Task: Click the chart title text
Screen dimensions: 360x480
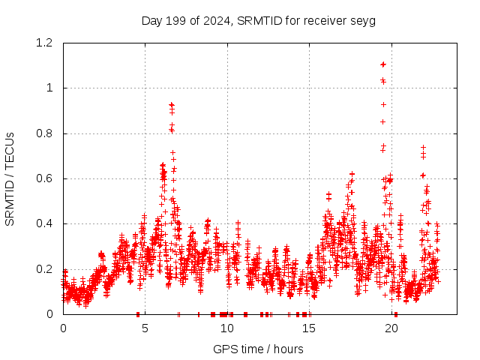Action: pos(258,20)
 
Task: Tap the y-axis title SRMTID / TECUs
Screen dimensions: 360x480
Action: pos(10,178)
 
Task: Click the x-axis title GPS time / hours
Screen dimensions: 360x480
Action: pos(258,349)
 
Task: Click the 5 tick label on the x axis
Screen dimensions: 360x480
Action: pos(145,328)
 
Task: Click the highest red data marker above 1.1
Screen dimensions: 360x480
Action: pos(383,64)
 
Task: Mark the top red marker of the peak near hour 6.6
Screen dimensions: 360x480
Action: pos(171,105)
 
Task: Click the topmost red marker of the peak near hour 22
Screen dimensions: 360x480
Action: pos(423,148)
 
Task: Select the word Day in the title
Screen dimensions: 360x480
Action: pos(152,20)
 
